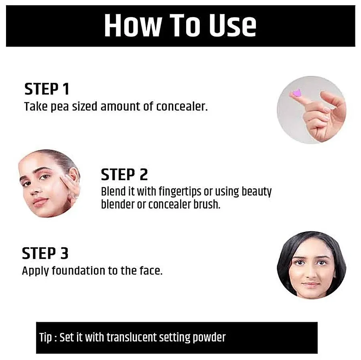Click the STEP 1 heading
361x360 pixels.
click(47, 89)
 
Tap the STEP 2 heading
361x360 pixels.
click(124, 175)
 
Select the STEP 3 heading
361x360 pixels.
click(45, 253)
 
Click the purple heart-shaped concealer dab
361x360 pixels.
click(296, 93)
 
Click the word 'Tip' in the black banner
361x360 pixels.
click(45, 338)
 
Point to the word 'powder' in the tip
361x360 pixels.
click(209, 338)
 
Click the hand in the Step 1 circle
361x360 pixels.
click(323, 114)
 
